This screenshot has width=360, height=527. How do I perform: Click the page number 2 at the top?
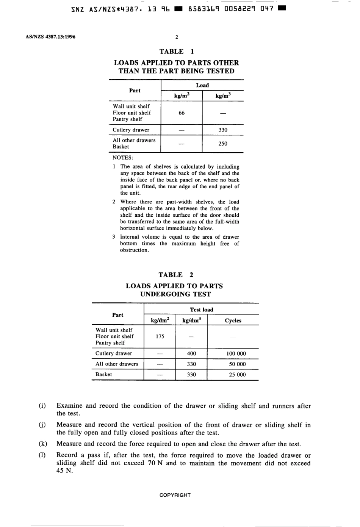tap(177, 37)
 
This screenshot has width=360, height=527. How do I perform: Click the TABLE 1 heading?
tap(177, 52)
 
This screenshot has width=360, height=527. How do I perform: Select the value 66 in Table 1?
tap(182, 113)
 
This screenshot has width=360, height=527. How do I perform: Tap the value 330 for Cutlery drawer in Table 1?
tap(223, 130)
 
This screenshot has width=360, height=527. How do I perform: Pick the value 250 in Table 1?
tap(223, 144)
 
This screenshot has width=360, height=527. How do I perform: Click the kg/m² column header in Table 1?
tap(182, 96)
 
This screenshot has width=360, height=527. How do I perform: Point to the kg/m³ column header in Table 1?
tap(223, 96)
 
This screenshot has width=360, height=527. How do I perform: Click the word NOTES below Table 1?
tap(123, 158)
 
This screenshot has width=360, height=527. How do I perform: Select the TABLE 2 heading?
tap(176, 275)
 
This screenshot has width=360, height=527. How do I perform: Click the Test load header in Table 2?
tap(202, 310)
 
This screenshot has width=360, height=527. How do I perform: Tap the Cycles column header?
tap(233, 321)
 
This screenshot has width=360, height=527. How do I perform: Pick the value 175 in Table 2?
tap(160, 336)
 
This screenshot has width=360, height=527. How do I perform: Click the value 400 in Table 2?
tap(192, 353)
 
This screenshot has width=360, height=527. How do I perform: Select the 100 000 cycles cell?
tap(236, 353)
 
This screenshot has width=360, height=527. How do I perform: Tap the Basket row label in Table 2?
tap(103, 374)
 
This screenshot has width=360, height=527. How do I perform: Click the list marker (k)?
tap(42, 444)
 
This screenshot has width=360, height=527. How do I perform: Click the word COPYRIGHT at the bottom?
tap(175, 495)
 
